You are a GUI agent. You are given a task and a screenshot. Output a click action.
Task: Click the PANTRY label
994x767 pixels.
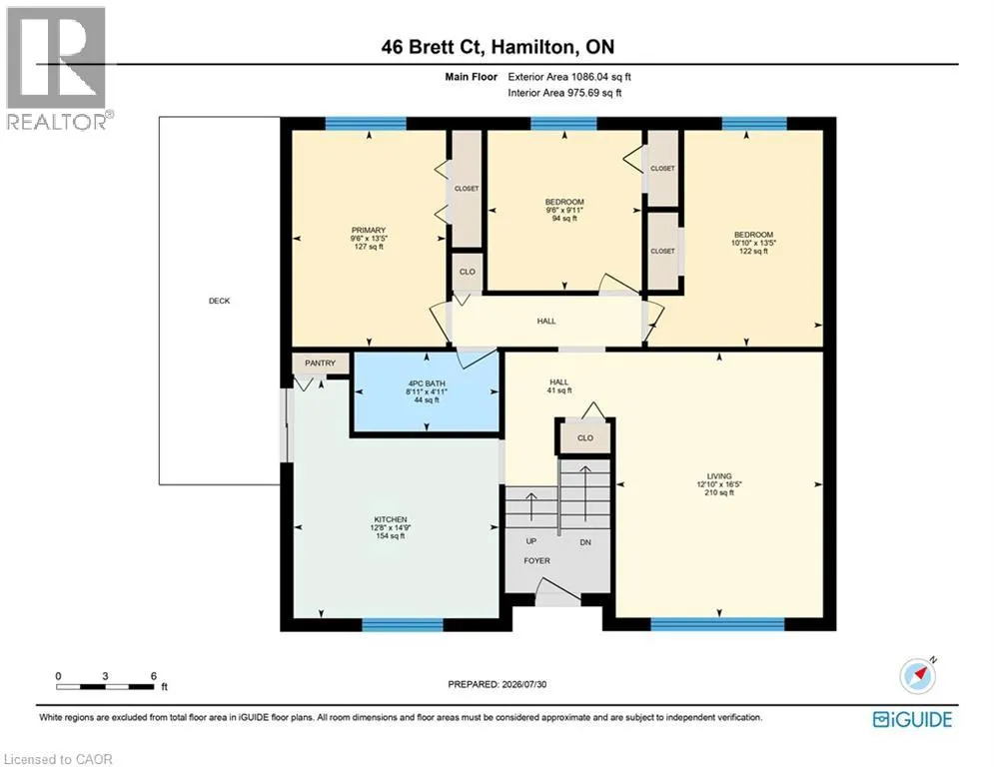pos(320,364)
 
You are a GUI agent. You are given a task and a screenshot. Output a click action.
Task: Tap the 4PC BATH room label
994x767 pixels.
pos(427,383)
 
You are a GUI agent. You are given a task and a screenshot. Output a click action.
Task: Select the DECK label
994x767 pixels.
pos(220,301)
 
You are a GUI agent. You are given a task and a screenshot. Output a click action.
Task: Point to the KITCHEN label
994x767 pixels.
pos(391,519)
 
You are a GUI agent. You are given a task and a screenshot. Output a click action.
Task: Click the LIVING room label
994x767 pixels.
pos(719,476)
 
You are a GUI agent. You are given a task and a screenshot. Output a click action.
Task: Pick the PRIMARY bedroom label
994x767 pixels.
pos(369,230)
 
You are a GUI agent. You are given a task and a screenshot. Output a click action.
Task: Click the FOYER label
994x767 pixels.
pos(536,560)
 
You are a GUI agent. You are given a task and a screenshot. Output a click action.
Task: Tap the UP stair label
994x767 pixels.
pos(531,541)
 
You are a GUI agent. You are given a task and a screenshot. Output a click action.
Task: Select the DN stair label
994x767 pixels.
pos(585,542)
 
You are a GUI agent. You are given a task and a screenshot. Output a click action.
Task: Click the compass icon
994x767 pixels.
pos(917,676)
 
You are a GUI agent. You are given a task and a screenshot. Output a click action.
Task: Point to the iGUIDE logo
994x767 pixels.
pos(912,719)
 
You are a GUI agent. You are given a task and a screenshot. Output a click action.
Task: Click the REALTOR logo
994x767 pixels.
pos(56,68)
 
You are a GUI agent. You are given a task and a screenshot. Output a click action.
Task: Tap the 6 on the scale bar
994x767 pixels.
pos(154,676)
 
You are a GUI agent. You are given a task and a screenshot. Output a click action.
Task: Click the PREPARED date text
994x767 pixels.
pos(497,684)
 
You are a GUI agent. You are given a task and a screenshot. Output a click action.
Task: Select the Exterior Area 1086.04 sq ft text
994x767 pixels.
pos(569,77)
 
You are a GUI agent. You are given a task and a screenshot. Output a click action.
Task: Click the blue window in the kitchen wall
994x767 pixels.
pos(403,625)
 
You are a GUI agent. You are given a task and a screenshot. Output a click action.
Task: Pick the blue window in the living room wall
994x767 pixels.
pos(717,624)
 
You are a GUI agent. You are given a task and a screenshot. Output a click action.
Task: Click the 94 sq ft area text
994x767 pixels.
pos(564,218)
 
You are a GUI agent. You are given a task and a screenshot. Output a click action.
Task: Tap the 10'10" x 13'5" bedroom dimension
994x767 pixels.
pos(753,243)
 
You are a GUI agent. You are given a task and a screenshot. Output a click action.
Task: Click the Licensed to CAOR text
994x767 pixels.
pos(58,759)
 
